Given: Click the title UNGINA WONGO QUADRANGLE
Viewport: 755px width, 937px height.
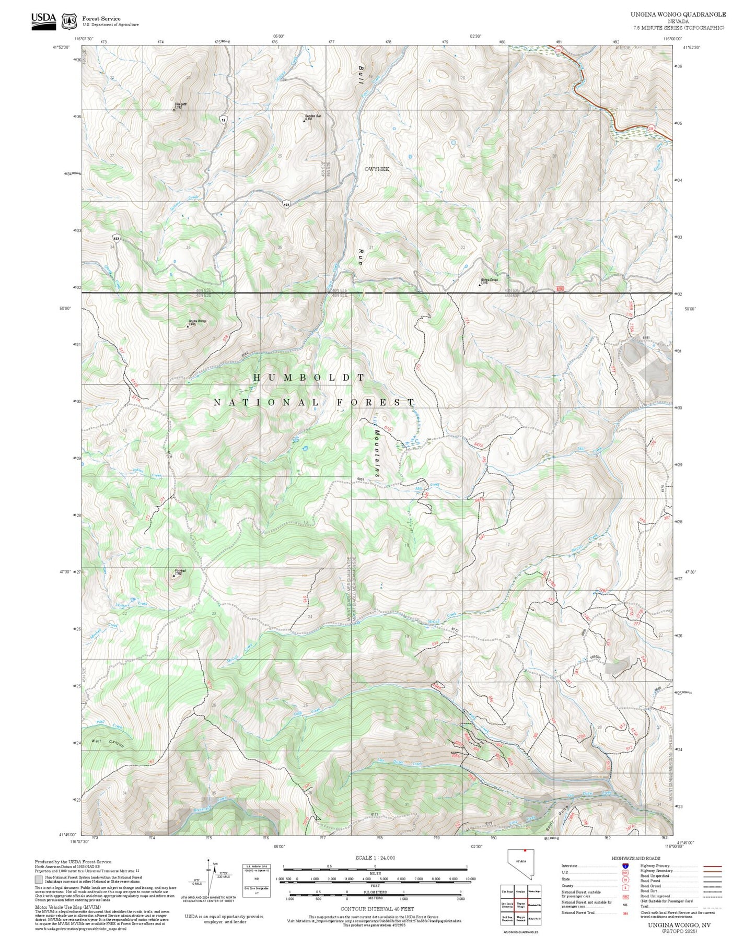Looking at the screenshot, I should pos(678,14).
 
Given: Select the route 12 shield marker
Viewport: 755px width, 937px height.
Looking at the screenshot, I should pos(223,120).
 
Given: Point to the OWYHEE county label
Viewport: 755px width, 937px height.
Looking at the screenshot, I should pos(377,169).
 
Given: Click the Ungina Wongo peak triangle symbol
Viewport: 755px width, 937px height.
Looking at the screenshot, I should pos(188,326).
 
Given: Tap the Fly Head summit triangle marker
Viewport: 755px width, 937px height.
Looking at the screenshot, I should pos(174,576).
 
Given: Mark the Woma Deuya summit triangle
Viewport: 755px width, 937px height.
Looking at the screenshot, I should pos(480,285).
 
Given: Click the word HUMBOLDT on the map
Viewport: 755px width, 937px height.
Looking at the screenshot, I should pos(309,377).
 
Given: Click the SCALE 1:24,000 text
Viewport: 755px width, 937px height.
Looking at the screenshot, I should pos(375,858).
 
